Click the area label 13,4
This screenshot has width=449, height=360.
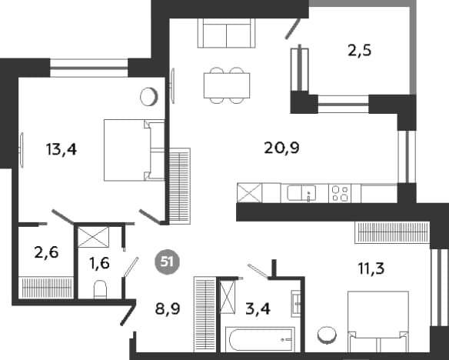[x=62, y=149]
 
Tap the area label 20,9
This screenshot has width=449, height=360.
[x=281, y=148]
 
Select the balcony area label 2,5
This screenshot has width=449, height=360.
[x=359, y=51]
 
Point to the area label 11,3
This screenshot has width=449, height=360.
[x=371, y=268]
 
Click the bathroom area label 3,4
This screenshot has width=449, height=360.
[x=258, y=309]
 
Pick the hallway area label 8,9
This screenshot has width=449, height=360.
[x=168, y=309]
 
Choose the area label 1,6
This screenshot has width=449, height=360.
[x=99, y=263]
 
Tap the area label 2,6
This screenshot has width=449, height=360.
[x=46, y=252]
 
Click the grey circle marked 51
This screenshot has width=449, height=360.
[x=167, y=262]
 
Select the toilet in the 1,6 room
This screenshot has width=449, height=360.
[x=100, y=289]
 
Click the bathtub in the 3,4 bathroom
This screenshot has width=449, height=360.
[x=260, y=340]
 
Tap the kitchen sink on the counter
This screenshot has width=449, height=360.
[x=302, y=193]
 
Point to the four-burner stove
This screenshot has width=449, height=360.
[x=340, y=194]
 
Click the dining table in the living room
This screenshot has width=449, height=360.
[x=227, y=85]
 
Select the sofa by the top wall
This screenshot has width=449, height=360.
[x=226, y=33]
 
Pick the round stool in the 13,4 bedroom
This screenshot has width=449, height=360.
[x=149, y=96]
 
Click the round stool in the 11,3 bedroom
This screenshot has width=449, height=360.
[x=327, y=335]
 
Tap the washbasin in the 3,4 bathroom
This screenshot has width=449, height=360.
[x=296, y=304]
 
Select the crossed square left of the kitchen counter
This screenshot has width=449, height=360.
[x=249, y=193]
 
